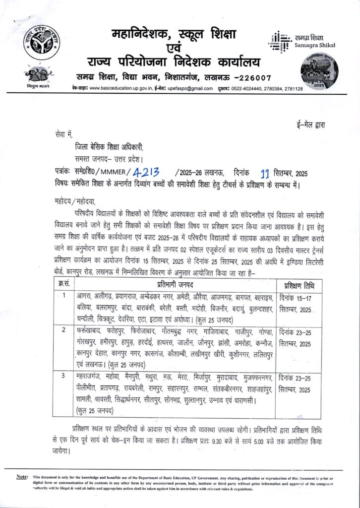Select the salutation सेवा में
tap(64, 134)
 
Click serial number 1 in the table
tap(62, 297)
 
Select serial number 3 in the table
tap(62, 376)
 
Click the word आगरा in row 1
tap(85, 297)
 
